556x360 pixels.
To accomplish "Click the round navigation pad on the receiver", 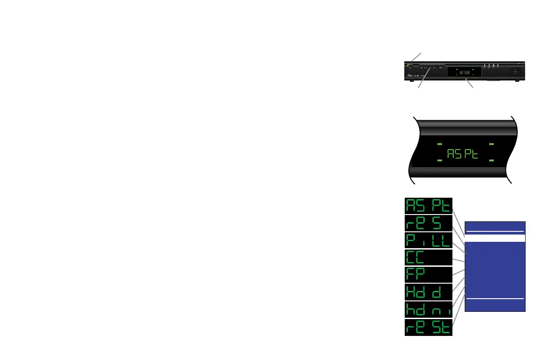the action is (515, 71).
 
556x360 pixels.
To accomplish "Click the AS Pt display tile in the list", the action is (428, 206).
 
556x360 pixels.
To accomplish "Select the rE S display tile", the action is (428, 223).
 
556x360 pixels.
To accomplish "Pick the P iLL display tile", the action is (428, 240).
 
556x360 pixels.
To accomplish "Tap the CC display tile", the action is (428, 258).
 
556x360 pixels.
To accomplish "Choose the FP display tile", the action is (428, 275).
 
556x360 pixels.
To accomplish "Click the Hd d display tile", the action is (428, 292).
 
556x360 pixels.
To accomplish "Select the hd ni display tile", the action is (428, 310).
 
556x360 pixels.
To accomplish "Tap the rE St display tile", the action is (428, 327).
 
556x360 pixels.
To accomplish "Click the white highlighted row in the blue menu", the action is (496, 238).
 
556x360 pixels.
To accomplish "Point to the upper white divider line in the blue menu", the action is (496, 231).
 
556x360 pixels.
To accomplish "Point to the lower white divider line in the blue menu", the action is (496, 299).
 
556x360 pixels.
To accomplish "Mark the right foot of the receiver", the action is (517, 81).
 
